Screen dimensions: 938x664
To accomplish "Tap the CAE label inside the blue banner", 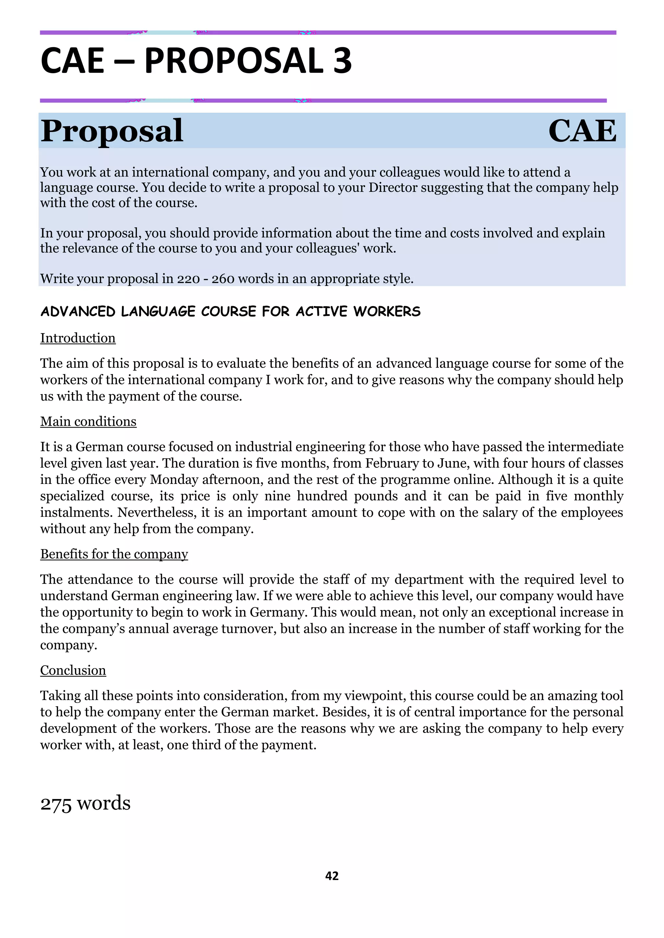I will click(582, 131).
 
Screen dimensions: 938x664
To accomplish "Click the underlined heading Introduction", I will click(78, 338).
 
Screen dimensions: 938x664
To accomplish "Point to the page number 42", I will click(332, 875).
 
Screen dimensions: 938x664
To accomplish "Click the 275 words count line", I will click(85, 803).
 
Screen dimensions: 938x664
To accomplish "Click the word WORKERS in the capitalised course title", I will click(387, 311).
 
